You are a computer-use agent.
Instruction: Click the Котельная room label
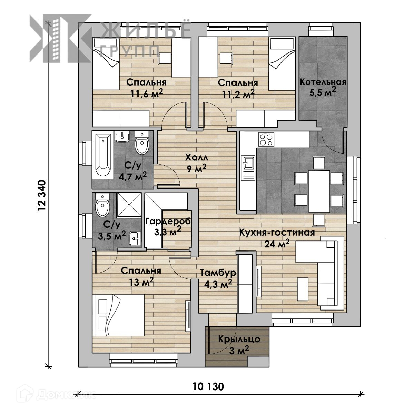[323, 82]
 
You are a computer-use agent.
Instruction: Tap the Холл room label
[197, 158]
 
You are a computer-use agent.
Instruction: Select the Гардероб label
[168, 221]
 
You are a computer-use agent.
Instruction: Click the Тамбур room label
[218, 273]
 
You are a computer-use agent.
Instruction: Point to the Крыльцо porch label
[239, 339]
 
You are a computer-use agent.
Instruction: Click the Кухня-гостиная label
[277, 233]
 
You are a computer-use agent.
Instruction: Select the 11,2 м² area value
[238, 94]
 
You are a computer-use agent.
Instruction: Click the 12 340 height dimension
[42, 196]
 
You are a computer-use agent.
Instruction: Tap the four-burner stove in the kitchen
[266, 139]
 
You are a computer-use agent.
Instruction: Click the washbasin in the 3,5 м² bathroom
[135, 238]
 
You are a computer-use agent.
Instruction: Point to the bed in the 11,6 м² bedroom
[106, 64]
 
